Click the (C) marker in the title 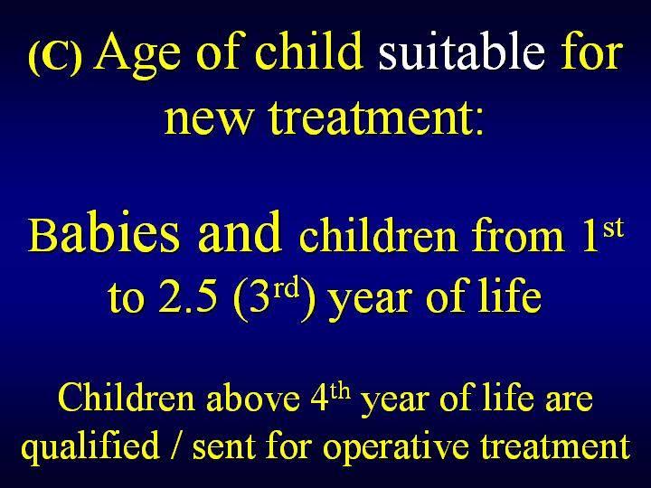pos(55,57)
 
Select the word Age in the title pos(138,55)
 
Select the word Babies pos(104,232)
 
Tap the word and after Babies pos(241,230)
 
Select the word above pos(254,398)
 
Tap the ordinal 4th pos(330,396)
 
